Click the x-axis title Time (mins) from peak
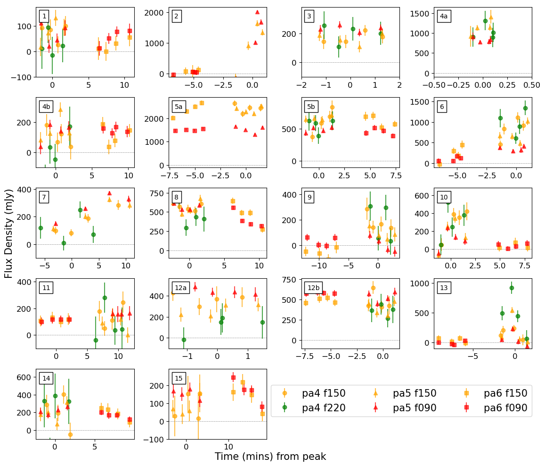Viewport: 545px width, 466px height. coord(270,457)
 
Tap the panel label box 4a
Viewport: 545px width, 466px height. coord(443,16)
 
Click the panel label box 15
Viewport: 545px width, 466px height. coord(179,378)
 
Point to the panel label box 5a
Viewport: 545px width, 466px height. coord(179,107)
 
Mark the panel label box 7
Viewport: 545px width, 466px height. coord(44,197)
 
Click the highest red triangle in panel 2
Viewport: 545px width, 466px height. coord(257,12)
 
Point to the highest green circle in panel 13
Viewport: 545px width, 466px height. coord(512,288)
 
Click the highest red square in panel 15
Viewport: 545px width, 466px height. coord(233,377)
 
